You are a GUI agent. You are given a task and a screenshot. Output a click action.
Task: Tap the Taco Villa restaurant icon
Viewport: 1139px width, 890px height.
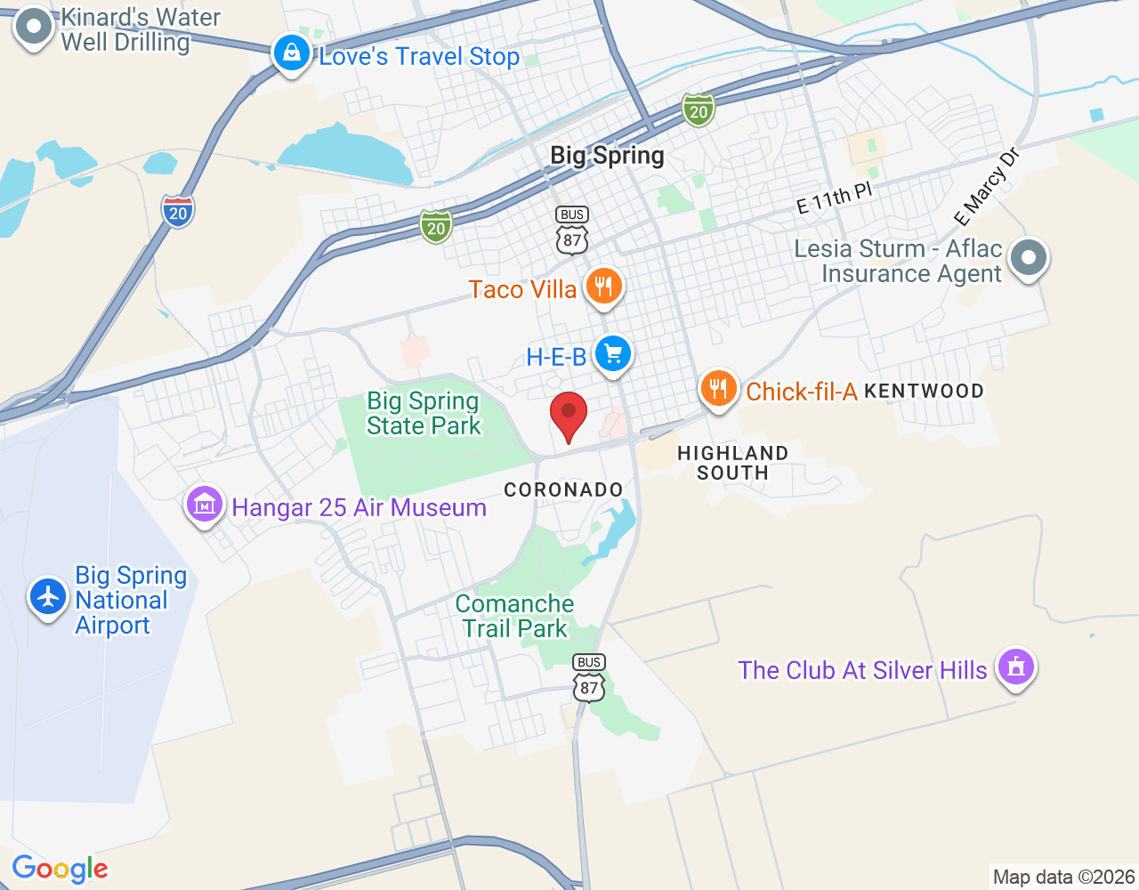[x=603, y=287]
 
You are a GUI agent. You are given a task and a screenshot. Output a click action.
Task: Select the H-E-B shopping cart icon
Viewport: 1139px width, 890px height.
[x=612, y=354]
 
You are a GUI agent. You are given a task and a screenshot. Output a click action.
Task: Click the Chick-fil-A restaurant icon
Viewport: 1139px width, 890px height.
[x=718, y=389]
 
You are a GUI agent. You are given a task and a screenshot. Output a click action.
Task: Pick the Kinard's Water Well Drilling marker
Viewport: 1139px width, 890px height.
[x=34, y=28]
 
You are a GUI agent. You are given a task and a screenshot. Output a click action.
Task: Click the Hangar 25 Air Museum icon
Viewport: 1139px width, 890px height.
[x=205, y=506]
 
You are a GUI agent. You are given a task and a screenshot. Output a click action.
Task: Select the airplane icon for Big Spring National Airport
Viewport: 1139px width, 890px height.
[x=48, y=596]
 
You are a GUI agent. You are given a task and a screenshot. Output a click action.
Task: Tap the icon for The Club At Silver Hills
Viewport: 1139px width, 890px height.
[x=1015, y=667]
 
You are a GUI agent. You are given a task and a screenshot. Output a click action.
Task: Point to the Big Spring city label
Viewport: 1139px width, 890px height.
[x=607, y=156]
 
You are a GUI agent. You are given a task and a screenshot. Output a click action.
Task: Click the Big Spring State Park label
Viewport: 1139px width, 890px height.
[x=424, y=413]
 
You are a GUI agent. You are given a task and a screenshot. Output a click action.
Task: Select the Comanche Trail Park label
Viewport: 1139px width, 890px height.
[x=514, y=616]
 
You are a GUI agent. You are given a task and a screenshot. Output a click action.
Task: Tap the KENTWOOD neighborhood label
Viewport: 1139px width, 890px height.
[x=924, y=391]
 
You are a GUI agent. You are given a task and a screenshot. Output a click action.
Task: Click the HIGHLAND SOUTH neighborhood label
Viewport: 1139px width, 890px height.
[x=732, y=463]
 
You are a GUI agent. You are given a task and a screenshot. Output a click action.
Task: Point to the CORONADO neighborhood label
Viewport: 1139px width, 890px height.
[x=563, y=489]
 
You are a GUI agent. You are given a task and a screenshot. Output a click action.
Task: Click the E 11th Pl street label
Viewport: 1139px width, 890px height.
[x=834, y=198]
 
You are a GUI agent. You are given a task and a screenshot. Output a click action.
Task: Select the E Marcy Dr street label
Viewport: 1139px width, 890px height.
[x=986, y=188]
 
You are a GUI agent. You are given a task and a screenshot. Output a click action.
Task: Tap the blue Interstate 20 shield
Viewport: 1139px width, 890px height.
[x=178, y=211]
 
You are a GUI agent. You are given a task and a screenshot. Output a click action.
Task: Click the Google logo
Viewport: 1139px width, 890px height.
[x=61, y=869]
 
